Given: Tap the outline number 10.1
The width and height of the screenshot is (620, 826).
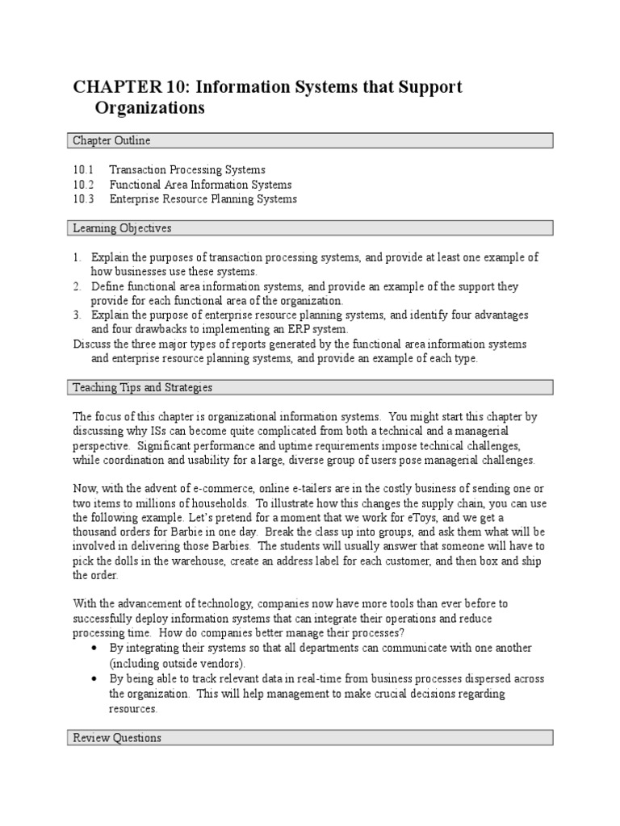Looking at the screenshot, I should pos(83,170).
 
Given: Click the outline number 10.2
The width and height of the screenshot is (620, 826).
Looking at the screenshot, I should pos(83,185).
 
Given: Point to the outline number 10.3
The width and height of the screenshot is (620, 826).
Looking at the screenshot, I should pos(83,199).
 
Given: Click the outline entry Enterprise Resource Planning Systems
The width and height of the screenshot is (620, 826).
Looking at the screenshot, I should pos(203,199).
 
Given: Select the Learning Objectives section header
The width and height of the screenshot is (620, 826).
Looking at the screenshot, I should pos(122,229).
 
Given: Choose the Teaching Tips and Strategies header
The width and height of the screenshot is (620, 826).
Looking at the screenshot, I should pos(142,388).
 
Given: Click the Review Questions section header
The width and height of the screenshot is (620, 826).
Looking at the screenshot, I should pos(117,738).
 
